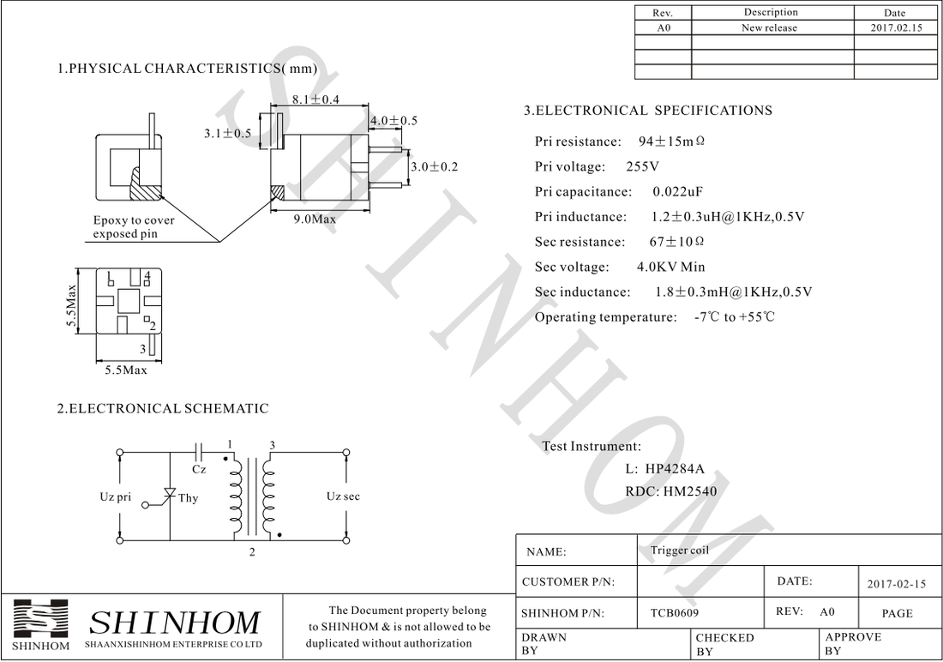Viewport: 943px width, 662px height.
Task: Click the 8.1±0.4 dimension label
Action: [315, 99]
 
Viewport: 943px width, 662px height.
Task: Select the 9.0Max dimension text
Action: [315, 220]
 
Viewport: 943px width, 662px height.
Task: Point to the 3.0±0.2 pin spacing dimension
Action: [434, 166]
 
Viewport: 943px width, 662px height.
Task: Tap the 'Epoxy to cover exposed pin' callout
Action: [134, 227]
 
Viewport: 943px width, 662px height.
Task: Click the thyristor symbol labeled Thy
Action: [170, 495]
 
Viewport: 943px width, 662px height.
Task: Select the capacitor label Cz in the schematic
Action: [199, 469]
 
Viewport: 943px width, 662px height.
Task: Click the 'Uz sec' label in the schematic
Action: [343, 496]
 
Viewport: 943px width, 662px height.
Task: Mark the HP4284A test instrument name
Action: [675, 469]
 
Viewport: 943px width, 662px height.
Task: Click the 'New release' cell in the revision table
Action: [769, 28]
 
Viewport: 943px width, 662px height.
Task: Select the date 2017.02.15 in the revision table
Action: [894, 28]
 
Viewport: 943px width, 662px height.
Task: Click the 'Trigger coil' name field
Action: [680, 551]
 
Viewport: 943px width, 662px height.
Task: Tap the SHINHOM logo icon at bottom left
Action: [41, 619]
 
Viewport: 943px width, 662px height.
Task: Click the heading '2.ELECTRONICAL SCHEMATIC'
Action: [163, 409]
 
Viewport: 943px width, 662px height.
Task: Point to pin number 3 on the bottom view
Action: [143, 349]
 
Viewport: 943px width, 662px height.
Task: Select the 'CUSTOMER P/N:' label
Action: [568, 582]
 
